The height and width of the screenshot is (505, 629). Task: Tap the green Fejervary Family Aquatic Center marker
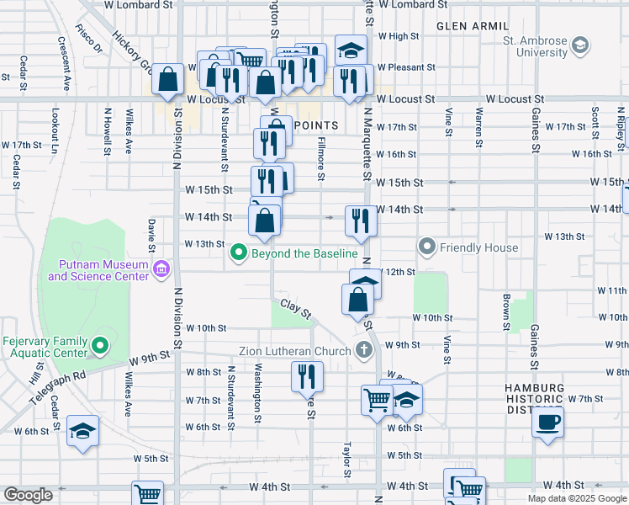(x=100, y=345)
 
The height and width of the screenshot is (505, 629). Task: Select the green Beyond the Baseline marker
(x=240, y=252)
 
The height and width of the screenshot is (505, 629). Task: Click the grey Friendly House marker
(x=427, y=247)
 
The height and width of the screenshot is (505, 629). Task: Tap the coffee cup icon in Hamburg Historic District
(x=548, y=422)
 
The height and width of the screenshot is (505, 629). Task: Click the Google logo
(x=28, y=495)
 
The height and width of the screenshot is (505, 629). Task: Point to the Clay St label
(x=296, y=309)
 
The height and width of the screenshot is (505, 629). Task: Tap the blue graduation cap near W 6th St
(x=82, y=432)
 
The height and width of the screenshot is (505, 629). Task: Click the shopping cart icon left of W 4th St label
(x=147, y=495)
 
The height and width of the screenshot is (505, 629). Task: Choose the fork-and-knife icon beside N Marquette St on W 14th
(x=361, y=221)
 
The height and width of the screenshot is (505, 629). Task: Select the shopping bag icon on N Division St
(x=168, y=80)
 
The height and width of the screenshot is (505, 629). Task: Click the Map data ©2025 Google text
(x=577, y=498)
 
